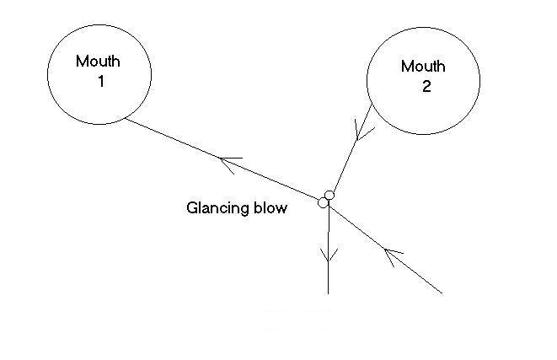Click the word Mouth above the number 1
point(99,62)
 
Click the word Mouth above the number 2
point(423,67)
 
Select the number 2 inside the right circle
point(426,88)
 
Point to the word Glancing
point(213,207)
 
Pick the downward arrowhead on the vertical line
point(328,256)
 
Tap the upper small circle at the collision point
point(329,196)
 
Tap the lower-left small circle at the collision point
point(323,202)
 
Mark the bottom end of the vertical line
point(328,293)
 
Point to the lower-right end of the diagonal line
point(442,293)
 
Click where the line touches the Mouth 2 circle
point(373,105)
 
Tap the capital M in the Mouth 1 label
point(82,62)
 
